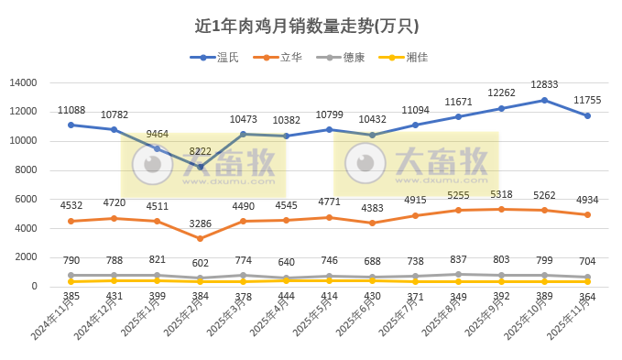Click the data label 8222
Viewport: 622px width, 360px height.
pyautogui.click(x=200, y=151)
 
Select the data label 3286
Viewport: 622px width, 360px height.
pyautogui.click(x=200, y=223)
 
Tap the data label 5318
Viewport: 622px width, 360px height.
pyautogui.click(x=501, y=194)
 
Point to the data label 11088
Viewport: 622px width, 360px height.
pyautogui.click(x=71, y=110)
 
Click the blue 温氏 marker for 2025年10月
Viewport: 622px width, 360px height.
pyautogui.click(x=544, y=100)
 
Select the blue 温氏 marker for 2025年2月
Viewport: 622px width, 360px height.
pyautogui.click(x=200, y=167)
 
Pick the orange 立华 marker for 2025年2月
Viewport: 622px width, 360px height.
pyautogui.click(x=200, y=238)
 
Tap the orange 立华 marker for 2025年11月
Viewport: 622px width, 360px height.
pyautogui.click(x=587, y=214)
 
